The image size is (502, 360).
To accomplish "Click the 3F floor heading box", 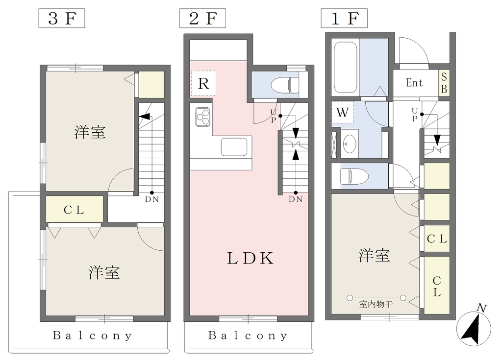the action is (x=62, y=18).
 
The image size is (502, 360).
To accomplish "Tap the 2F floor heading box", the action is (x=202, y=18).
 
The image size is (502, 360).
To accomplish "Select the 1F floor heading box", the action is (x=344, y=18).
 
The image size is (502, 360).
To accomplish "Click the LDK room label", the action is (x=251, y=258).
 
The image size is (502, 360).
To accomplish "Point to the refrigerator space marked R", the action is (x=203, y=84).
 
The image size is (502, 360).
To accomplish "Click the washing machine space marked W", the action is (x=342, y=112).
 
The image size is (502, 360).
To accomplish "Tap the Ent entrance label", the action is (x=414, y=83).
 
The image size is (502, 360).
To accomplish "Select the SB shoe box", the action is (x=444, y=83).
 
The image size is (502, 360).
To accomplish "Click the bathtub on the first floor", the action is (x=346, y=67).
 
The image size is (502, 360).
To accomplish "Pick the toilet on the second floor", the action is (x=285, y=85).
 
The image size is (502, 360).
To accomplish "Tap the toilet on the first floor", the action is (x=354, y=176).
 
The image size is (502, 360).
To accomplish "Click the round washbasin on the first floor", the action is (x=350, y=144).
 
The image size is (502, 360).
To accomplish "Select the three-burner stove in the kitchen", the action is (x=203, y=117).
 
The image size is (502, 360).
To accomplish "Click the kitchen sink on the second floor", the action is (x=234, y=147).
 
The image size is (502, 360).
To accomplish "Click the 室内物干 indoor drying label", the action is (x=376, y=304).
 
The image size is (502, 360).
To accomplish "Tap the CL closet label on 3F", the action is (x=74, y=210).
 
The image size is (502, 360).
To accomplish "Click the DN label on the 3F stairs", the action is (x=152, y=199).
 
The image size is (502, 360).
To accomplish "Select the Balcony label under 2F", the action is (x=248, y=336).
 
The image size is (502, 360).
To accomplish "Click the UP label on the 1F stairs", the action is (x=415, y=115).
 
